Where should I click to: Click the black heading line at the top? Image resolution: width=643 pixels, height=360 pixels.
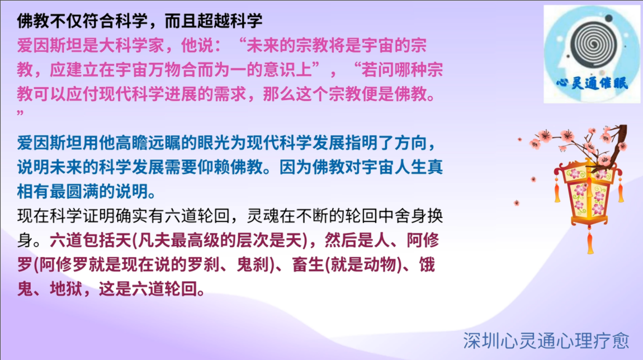tap(139, 21)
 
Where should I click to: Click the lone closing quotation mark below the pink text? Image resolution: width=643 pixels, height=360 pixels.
tap(20, 113)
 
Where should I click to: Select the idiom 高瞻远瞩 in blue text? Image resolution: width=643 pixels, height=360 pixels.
tap(148, 143)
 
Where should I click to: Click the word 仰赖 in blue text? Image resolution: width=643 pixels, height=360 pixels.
tap(213, 167)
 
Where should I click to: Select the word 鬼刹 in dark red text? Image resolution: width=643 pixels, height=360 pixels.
tap(253, 264)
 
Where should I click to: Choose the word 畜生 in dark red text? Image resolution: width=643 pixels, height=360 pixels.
tap(308, 264)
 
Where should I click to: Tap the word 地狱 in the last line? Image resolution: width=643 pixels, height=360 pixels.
tap(66, 288)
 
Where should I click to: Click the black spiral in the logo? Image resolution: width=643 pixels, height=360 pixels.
tap(593, 43)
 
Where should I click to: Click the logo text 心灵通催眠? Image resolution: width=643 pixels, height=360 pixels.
tap(592, 83)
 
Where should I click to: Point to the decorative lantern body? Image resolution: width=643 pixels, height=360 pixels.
tap(589, 193)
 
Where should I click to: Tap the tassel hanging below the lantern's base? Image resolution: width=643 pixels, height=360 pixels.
tap(590, 242)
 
